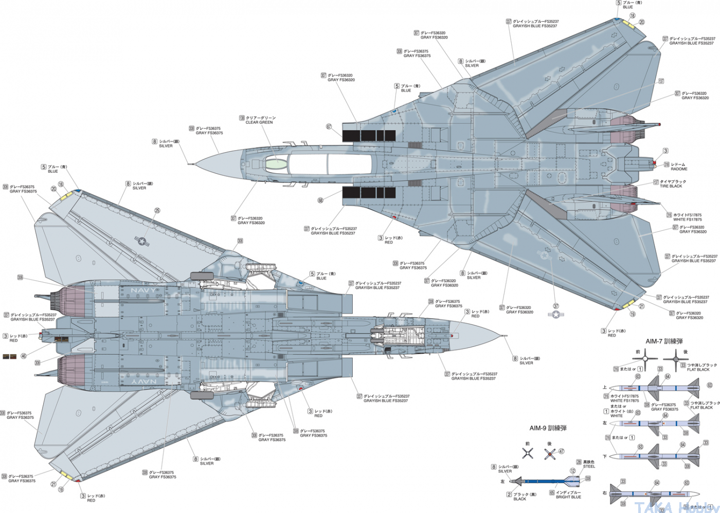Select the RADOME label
coord(679,169)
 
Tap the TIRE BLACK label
coord(671,186)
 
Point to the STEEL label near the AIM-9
coord(589,467)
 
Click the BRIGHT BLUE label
coord(568,497)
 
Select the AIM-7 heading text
coord(664,341)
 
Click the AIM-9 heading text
coord(548,428)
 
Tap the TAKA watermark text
coord(653,507)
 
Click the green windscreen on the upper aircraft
coord(275,164)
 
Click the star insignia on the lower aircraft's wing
coord(140,240)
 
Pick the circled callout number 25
coord(157,210)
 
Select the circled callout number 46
coord(24,356)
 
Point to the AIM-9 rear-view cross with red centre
coord(550,453)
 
